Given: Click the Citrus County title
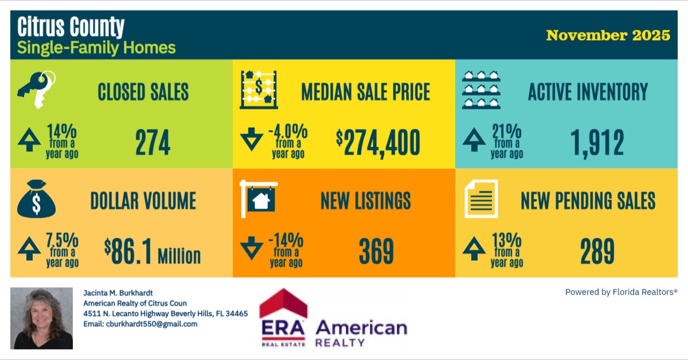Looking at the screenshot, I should coord(71,27).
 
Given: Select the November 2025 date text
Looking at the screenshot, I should coord(608,35).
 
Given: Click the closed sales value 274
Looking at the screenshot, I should coord(153,143).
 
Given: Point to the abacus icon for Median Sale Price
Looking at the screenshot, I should coord(259,89).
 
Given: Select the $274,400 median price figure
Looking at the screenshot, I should coord(378,143).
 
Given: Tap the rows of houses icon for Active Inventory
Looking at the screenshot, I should coord(482,90).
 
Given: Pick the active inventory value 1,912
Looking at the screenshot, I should coord(596,143).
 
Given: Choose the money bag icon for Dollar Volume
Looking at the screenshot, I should coord(36,201).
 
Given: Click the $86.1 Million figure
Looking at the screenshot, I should coord(153,252).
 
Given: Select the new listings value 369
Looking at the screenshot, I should coord(376,252).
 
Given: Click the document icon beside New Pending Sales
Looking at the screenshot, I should coord(481,199).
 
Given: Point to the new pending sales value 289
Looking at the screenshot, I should coord(597,252).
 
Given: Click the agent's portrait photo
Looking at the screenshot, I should coord(42,318).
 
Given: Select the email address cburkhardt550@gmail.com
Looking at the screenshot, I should coord(140,324).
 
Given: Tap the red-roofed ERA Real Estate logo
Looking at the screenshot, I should coord(283,318).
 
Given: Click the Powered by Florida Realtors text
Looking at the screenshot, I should coord(621,292).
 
